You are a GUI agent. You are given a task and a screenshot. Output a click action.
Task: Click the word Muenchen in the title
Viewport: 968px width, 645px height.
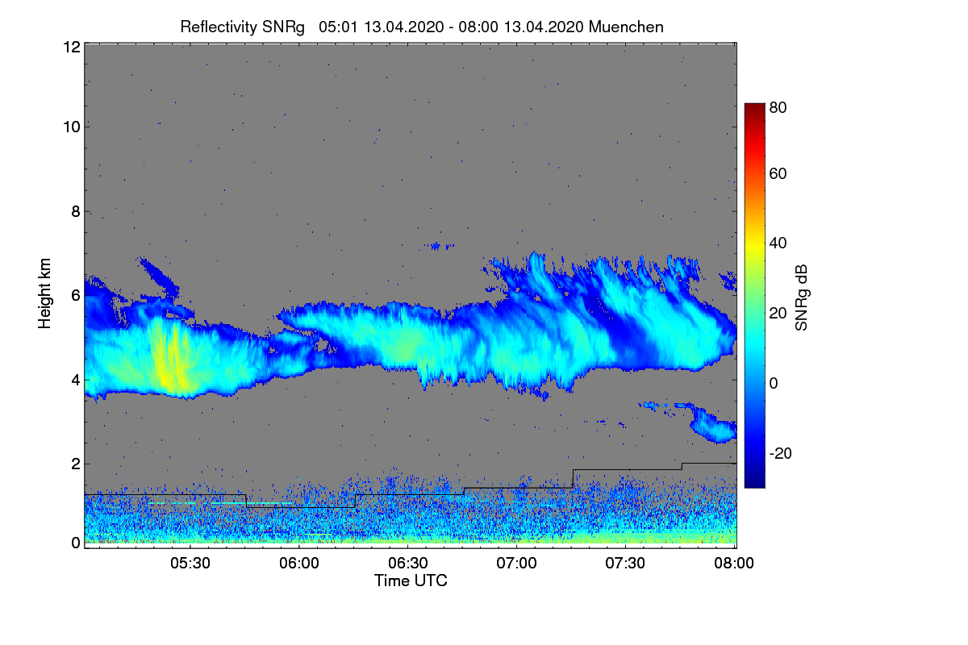[626, 27]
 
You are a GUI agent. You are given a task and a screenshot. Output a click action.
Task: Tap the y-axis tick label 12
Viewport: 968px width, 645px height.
[70, 47]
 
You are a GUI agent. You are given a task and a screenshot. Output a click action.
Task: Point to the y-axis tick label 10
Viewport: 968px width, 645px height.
[70, 127]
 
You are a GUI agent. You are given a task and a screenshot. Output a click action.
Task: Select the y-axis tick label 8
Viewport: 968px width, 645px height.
[75, 212]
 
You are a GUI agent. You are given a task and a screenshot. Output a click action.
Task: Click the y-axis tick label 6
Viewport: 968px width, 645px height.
[75, 296]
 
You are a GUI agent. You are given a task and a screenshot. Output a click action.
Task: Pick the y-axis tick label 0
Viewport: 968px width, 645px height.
[75, 543]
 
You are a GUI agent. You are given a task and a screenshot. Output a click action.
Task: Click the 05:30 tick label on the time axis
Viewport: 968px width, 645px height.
[190, 563]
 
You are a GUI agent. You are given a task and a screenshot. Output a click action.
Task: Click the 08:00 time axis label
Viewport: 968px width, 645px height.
[734, 563]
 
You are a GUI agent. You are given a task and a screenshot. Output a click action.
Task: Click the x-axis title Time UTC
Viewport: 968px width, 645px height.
[411, 580]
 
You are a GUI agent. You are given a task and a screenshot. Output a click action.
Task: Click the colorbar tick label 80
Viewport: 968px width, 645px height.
[778, 106]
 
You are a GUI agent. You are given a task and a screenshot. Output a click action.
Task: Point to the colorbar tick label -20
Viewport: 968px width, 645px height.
[779, 453]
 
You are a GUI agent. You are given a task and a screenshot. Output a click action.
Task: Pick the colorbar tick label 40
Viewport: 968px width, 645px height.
[778, 243]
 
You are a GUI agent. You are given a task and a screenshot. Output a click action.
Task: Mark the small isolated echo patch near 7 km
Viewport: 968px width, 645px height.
[441, 245]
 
